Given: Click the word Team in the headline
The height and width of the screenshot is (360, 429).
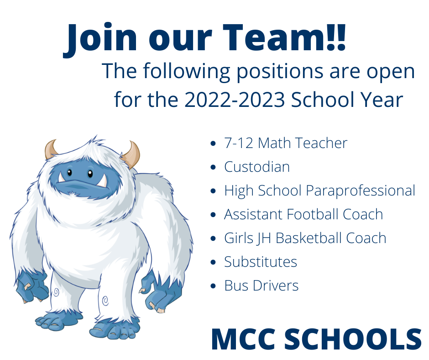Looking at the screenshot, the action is point(274,37).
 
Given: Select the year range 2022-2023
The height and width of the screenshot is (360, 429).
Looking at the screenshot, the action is point(235,100).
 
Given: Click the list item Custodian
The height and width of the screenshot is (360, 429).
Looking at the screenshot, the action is point(257,167).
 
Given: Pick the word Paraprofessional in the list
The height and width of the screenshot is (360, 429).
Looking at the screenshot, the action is point(361,191).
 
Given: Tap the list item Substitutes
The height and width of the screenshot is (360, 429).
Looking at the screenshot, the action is point(261,262).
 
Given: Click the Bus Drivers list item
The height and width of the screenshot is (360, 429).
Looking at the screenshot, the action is point(262,286).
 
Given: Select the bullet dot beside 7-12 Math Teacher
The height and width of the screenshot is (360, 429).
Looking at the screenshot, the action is point(213,143).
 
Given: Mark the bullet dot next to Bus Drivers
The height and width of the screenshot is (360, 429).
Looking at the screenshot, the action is point(213,286).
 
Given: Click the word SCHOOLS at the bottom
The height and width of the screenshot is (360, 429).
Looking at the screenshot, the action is point(353,339).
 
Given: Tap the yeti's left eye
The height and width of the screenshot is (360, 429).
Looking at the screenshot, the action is point(69,173).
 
